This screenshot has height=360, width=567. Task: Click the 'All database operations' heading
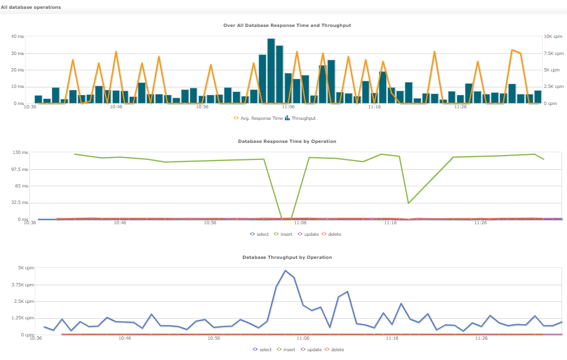pyautogui.click(x=31, y=7)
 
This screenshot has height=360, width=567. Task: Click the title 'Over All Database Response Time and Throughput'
pyautogui.click(x=287, y=25)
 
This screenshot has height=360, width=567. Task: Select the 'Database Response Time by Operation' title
pyautogui.click(x=287, y=141)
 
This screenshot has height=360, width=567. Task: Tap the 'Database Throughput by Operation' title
pyautogui.click(x=287, y=257)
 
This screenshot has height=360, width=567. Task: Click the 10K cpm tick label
pyautogui.click(x=553, y=36)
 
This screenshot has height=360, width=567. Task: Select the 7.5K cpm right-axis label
pyautogui.click(x=553, y=53)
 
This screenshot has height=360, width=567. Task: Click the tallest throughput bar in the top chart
pyautogui.click(x=271, y=70)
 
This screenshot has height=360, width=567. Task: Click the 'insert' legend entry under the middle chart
pyautogui.click(x=284, y=234)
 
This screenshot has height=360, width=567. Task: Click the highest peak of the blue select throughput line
pyautogui.click(x=285, y=270)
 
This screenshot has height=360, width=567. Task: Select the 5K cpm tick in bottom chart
pyautogui.click(x=26, y=268)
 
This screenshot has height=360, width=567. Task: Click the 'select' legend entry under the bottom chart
pyautogui.click(x=263, y=350)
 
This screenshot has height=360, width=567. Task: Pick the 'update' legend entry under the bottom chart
pyautogui.click(x=312, y=350)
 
